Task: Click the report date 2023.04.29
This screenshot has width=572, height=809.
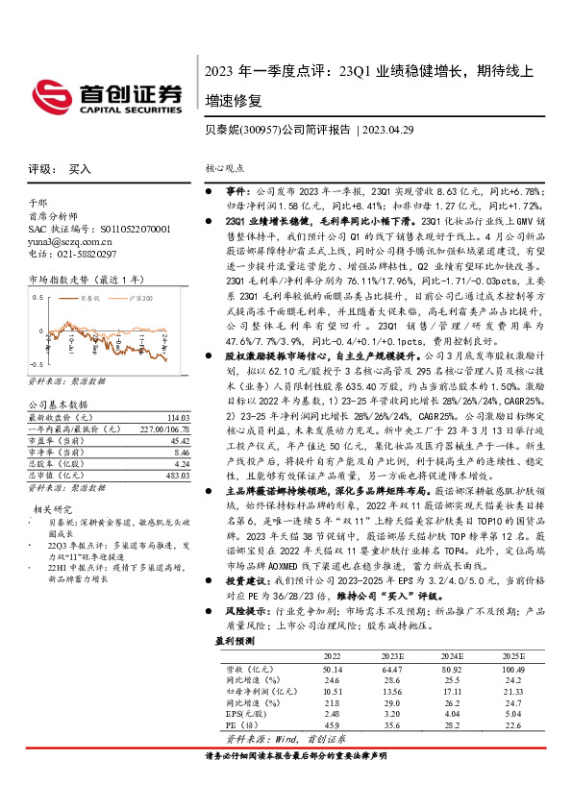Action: [x=388, y=128]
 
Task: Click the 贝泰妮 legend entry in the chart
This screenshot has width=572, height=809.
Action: [x=89, y=300]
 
